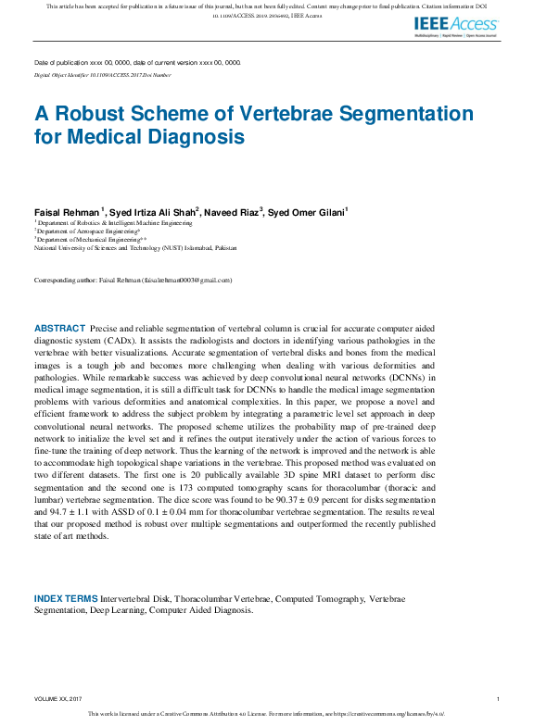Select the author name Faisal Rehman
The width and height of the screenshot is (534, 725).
point(67,212)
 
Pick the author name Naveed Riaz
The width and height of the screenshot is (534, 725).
point(233,212)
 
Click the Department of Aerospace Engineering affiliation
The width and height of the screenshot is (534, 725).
point(87,231)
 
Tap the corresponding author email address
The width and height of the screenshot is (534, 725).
point(186,280)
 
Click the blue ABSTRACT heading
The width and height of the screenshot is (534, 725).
point(59,329)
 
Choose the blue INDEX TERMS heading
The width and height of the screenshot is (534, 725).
point(69,598)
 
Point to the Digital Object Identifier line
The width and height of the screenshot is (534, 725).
point(102,73)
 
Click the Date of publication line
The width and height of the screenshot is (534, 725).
point(137,62)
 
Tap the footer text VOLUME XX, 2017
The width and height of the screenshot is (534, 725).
point(58,698)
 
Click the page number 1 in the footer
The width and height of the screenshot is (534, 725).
point(498,698)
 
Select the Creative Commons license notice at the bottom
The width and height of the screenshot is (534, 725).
point(266,714)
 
